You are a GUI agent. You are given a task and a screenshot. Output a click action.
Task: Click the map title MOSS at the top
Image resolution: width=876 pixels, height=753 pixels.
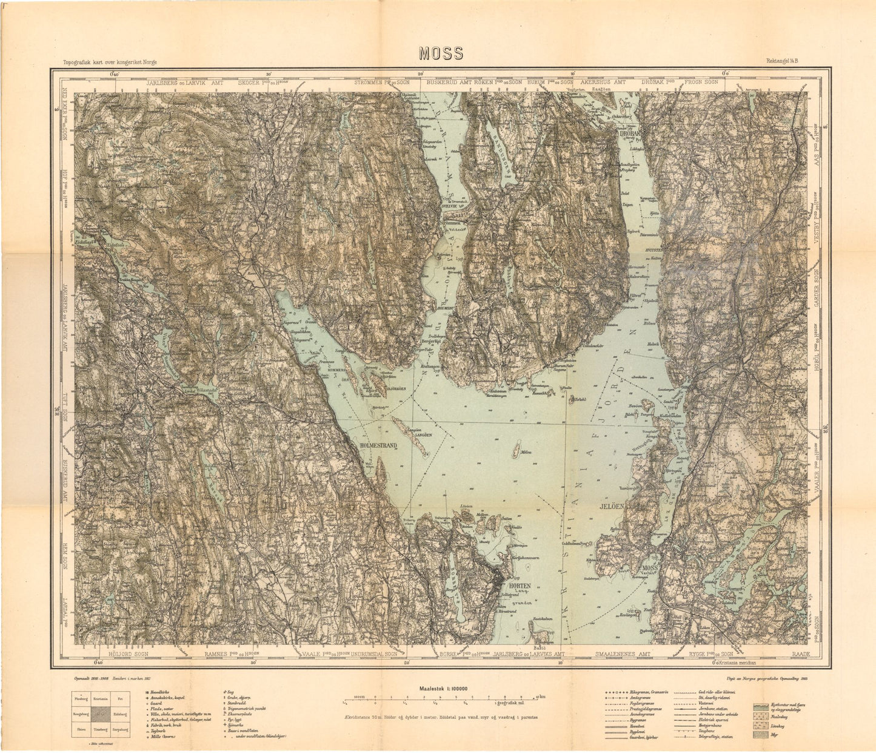(440, 54)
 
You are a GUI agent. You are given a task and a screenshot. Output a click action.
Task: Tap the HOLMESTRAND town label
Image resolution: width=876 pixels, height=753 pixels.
(378, 445)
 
